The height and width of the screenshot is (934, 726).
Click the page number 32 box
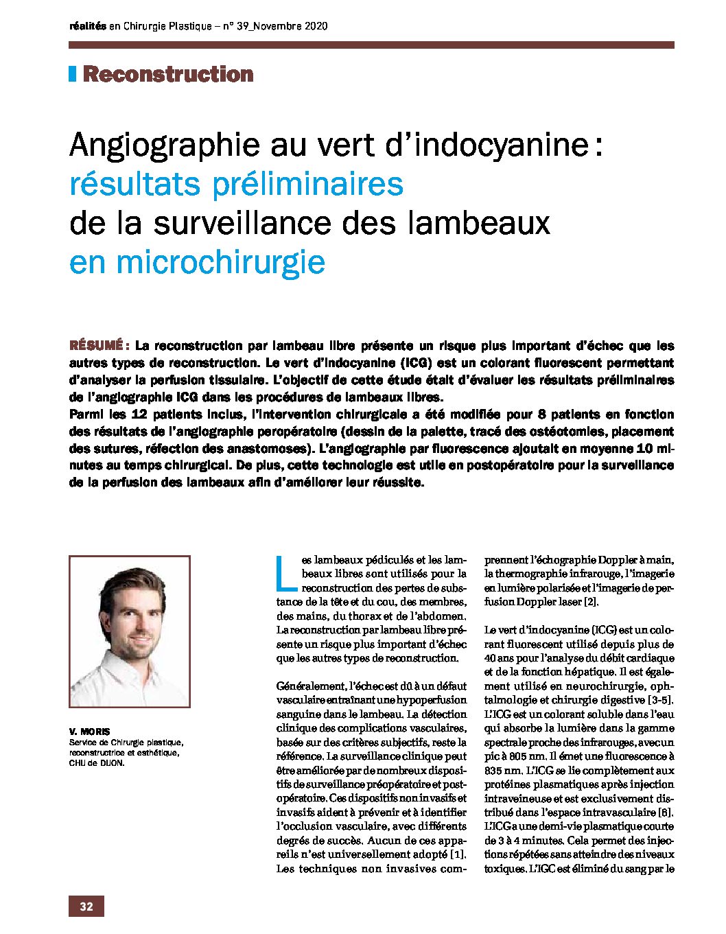point(86,906)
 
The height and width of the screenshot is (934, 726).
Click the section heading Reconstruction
point(168,74)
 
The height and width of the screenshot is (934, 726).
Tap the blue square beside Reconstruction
point(72,74)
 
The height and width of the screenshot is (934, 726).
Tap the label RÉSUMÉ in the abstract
point(95,346)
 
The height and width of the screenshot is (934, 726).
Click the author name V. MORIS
point(89,732)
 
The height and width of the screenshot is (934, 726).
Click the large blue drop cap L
point(286,574)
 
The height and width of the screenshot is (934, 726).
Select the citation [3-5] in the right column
point(660,700)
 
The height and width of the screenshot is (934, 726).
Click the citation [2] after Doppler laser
point(591,602)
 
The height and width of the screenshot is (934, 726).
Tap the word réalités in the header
point(87,26)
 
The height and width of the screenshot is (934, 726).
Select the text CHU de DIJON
point(97,762)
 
